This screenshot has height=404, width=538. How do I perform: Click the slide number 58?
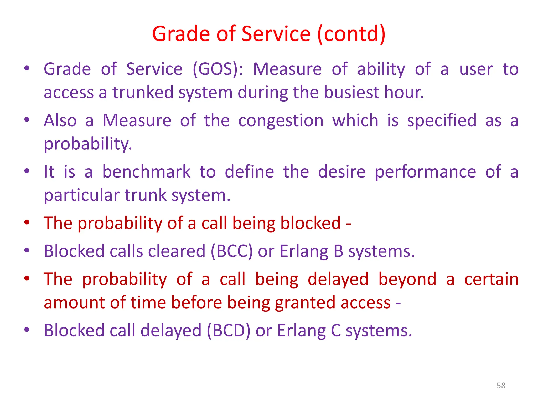coord(501,386)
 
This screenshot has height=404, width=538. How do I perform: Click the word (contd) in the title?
coord(351,34)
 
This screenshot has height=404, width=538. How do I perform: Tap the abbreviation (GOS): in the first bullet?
coord(218,69)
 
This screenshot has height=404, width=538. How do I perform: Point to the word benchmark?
coord(146,172)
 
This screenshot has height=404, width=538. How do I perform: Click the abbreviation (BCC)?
coord(232,251)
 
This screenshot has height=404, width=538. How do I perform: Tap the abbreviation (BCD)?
coord(229,330)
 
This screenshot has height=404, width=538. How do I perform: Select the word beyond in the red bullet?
coord(407,279)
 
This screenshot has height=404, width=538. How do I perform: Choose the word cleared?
coord(177,251)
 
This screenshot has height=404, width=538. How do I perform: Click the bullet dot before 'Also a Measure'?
coord(27,120)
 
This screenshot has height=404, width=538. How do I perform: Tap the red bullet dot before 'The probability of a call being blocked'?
coord(27,223)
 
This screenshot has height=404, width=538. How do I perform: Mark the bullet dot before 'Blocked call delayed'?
coord(27,330)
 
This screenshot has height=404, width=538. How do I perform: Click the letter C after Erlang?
coord(335,330)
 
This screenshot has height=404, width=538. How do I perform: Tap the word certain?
coord(491,279)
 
